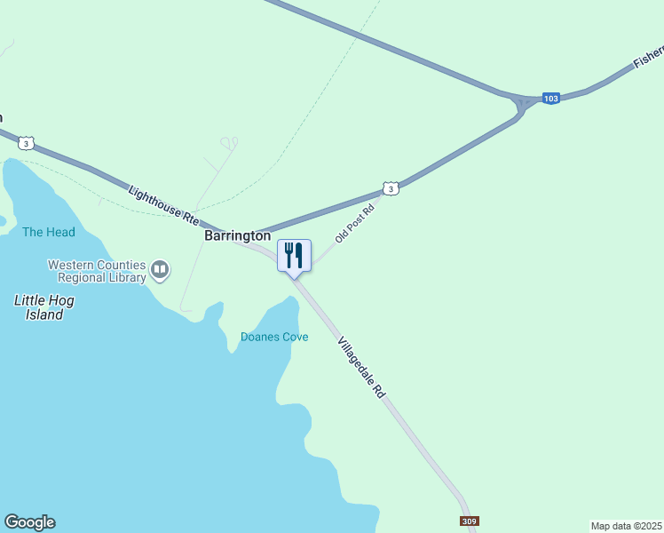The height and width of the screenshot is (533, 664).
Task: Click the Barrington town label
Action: pos(237,236)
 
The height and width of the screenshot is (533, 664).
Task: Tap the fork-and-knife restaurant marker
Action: pos(295,256)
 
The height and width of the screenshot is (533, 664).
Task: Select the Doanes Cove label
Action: pos(274,338)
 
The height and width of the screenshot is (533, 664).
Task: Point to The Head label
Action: pos(49,233)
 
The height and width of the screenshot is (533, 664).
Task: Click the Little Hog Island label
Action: pos(44,307)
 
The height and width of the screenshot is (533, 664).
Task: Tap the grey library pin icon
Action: pos(160,268)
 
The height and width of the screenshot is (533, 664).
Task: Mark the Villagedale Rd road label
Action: pos(363,367)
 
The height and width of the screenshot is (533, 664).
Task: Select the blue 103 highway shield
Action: pos(551,98)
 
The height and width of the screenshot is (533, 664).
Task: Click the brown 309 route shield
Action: pos(469,521)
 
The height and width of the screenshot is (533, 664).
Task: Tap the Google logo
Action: pos(29,522)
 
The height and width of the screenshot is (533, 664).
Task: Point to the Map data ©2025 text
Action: pos(626,526)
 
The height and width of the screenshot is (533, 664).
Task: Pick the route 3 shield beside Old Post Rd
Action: pos(391,188)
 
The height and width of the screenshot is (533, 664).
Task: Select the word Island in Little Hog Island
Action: pos(43,314)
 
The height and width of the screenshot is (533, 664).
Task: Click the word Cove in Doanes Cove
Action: pos(295,338)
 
